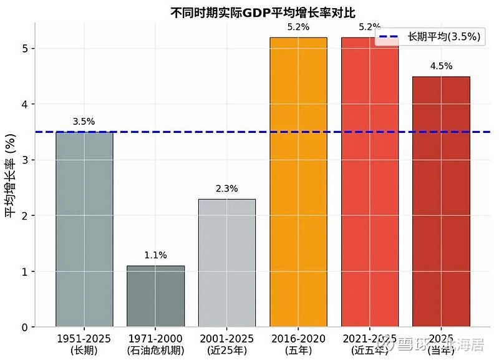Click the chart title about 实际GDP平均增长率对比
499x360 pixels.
pos(266,12)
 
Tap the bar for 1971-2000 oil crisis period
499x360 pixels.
pos(155,296)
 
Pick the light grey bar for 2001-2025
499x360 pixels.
pos(227,263)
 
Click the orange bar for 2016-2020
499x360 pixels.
pos(298,182)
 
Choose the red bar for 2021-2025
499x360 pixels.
pos(370,182)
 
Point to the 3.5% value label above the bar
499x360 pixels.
pos(84,122)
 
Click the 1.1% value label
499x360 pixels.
pos(155,255)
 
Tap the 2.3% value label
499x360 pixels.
pos(227,188)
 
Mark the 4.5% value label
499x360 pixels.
pos(441,66)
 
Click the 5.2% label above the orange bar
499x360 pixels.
pos(298,27)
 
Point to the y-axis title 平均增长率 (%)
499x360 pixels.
pos(11,175)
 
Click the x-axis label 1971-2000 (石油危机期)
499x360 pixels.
pos(155,344)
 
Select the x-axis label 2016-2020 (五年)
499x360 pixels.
pos(298,344)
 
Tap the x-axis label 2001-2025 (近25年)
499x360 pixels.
pos(227,344)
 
